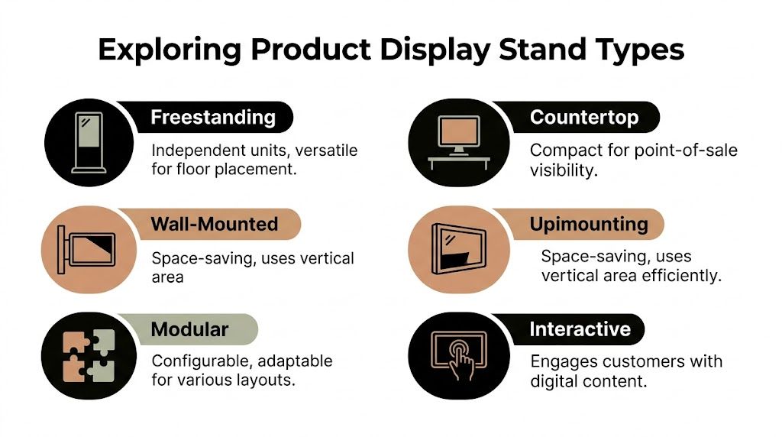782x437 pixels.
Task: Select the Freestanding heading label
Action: pyautogui.click(x=212, y=118)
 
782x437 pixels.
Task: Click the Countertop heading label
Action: pyautogui.click(x=584, y=118)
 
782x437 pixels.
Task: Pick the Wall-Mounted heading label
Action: pyautogui.click(x=214, y=225)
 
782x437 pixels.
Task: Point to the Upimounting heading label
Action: pyautogui.click(x=588, y=225)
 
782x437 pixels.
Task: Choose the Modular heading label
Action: pyautogui.click(x=189, y=329)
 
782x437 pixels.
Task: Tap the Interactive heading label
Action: pyautogui.click(x=580, y=329)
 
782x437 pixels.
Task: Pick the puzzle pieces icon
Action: pyautogui.click(x=86, y=355)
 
